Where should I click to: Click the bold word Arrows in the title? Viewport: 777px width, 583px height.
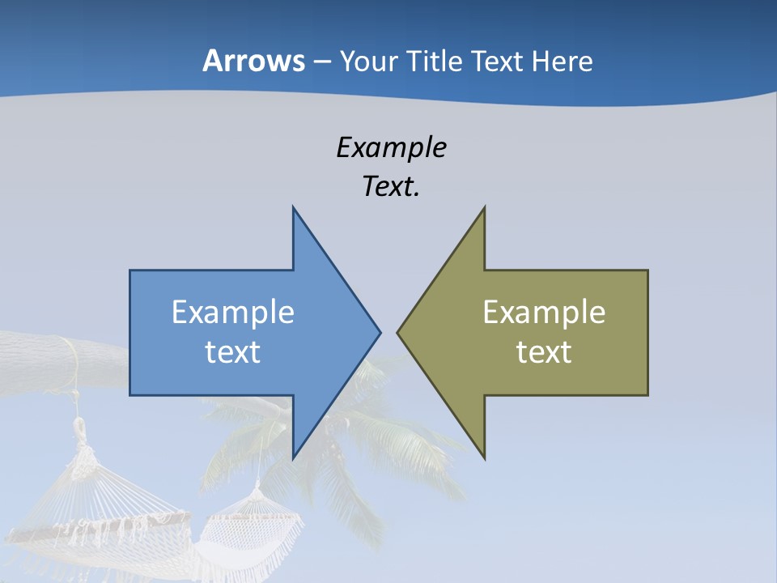254,61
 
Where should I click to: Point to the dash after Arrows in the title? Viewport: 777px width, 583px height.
321,62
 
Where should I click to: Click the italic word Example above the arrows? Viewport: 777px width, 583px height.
391,147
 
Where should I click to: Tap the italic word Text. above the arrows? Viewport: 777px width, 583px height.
391,187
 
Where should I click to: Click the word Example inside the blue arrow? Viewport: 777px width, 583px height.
233,312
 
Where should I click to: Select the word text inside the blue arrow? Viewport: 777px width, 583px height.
233,351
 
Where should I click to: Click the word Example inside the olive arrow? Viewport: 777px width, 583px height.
544,312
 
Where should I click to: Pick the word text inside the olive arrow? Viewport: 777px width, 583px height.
544,351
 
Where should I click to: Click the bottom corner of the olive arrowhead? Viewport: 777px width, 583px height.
484,457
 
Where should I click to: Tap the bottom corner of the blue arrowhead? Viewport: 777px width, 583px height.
294,457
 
